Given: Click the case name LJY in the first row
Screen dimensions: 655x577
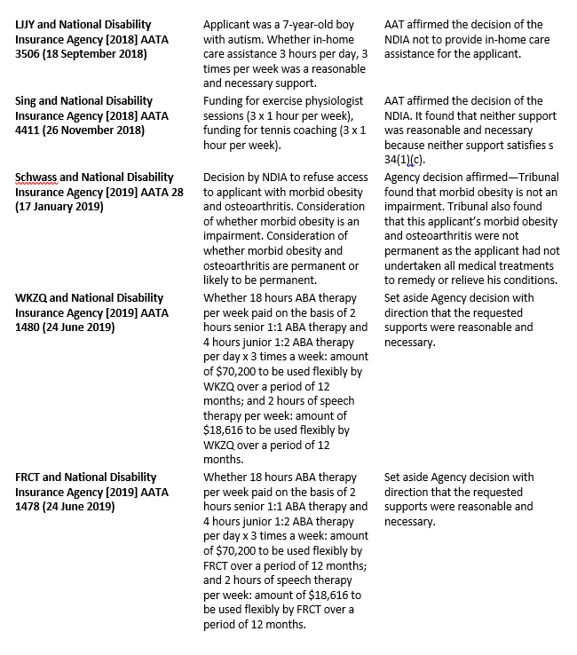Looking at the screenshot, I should [x=28, y=25].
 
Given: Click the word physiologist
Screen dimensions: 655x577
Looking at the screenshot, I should [x=325, y=101].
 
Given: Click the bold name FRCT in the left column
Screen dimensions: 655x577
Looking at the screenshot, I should [x=32, y=477].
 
